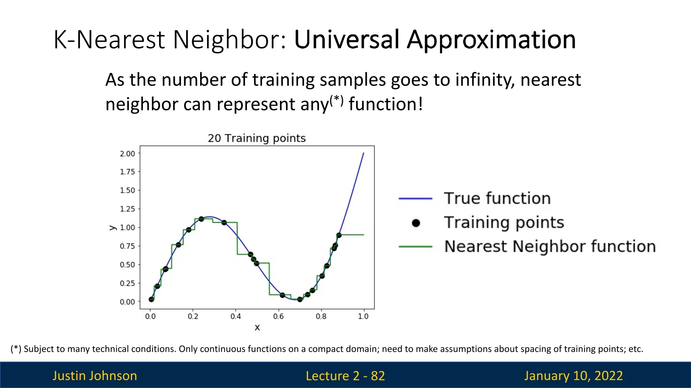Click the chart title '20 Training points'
click(257, 138)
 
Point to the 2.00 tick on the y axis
click(127, 154)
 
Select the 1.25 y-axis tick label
click(127, 209)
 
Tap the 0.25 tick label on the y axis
click(127, 283)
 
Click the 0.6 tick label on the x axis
click(278, 317)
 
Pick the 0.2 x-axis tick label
click(193, 317)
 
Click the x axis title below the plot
click(257, 328)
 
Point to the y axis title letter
click(113, 228)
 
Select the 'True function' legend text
click(497, 198)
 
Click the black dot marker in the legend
click(416, 223)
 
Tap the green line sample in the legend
click(415, 247)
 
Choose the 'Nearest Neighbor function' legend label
click(550, 247)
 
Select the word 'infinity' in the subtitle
click(483, 80)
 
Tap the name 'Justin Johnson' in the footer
click(95, 376)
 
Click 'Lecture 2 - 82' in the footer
click(345, 376)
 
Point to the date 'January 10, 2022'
click(573, 376)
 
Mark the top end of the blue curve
click(363, 153)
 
